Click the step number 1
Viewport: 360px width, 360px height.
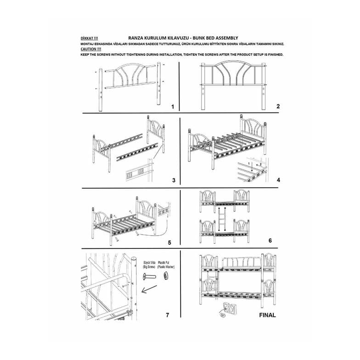click(x=173, y=107)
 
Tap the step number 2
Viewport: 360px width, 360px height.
click(x=278, y=107)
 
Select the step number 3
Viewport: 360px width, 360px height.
click(x=174, y=180)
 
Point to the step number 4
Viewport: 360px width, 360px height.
click(x=278, y=180)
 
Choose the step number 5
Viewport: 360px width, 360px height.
click(x=169, y=242)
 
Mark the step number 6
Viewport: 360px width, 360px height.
click(x=270, y=241)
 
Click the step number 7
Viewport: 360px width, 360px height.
click(x=167, y=315)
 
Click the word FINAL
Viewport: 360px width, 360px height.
click(x=267, y=315)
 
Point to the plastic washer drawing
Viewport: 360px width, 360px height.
click(x=166, y=276)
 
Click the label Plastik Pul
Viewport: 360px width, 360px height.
click(x=163, y=263)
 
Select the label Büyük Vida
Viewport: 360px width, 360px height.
click(x=150, y=263)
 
